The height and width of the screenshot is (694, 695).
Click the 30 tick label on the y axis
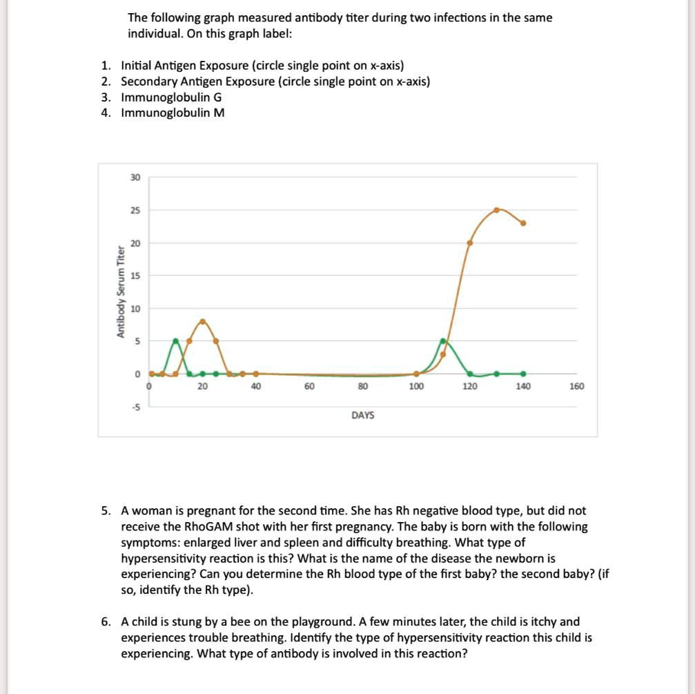135,177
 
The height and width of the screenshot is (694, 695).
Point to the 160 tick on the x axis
576,387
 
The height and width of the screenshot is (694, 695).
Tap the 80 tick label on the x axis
362,387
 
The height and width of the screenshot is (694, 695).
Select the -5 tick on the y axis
135,407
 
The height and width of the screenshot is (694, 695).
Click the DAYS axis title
362,415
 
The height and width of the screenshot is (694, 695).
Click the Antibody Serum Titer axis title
121,292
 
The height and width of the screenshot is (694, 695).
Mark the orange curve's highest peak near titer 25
497,209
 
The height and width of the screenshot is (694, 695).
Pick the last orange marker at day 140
523,223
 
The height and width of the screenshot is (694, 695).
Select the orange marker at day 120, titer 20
470,242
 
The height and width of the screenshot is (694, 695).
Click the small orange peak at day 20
202,321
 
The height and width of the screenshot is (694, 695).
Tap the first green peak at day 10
175,340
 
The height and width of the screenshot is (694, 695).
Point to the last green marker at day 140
523,374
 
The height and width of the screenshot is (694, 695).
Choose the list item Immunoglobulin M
173,113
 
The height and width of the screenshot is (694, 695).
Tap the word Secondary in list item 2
144,81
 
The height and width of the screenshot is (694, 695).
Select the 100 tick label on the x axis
416,387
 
